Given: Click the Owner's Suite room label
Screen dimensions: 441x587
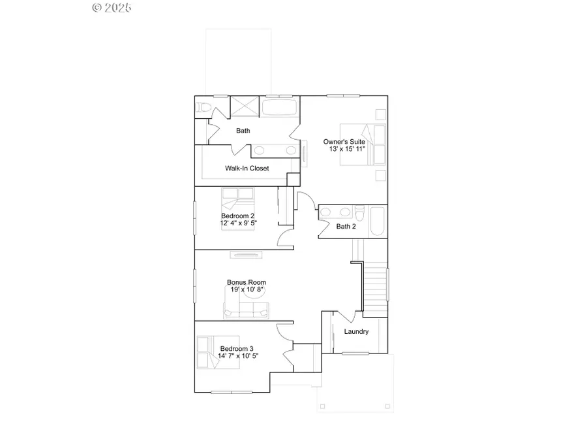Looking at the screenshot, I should coord(344,141).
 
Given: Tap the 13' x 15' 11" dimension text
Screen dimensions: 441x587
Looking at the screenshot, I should coord(347,149).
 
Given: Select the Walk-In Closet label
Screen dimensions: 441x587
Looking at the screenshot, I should coord(247,169).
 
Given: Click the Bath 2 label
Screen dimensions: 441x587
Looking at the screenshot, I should coord(346,227).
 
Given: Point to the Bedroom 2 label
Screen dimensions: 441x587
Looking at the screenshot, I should coord(237,216).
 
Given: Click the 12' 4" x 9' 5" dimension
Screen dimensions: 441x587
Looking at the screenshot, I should coord(238,223).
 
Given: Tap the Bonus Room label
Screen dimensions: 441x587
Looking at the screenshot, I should coord(246,282).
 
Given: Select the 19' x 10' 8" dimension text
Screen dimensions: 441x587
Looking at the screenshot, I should coord(245,289).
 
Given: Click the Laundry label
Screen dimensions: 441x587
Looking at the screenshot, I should coord(356,331).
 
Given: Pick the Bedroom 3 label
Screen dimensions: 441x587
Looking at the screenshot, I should coord(237,348).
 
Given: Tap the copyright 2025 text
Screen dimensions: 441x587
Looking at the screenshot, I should coord(112,8).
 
